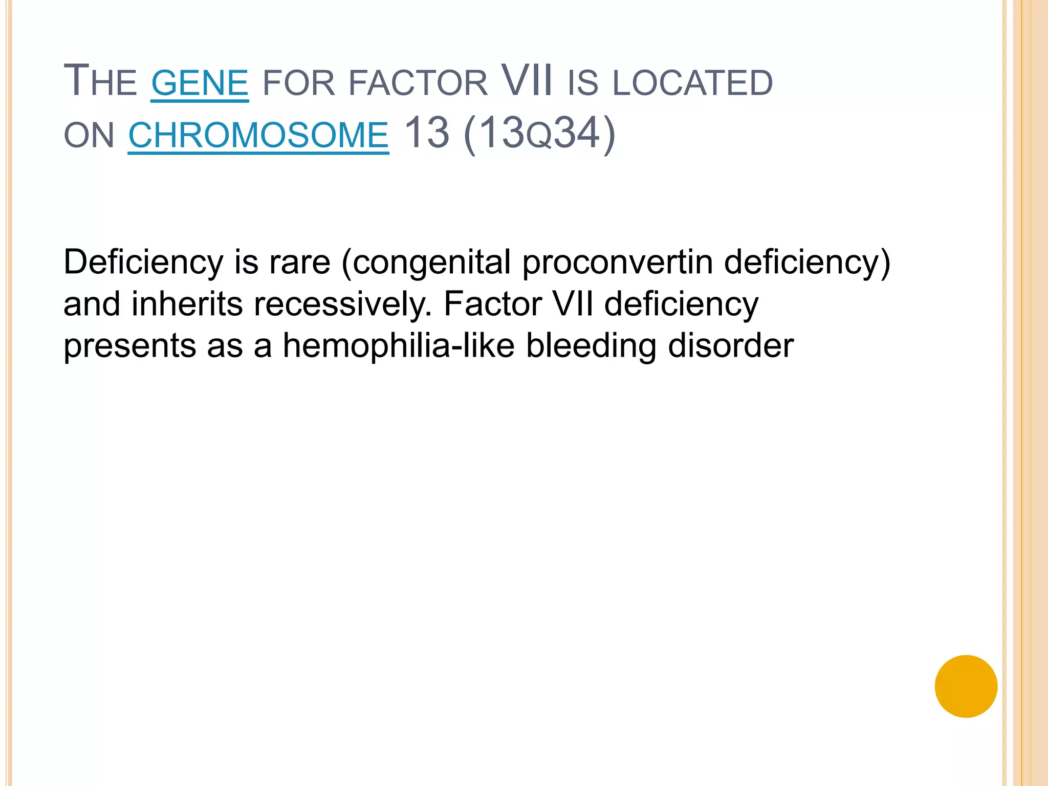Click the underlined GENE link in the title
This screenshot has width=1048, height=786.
(x=200, y=83)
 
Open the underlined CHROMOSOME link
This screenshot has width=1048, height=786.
(x=258, y=136)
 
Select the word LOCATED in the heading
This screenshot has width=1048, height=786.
(x=692, y=83)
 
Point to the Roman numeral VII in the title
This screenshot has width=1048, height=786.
(x=527, y=81)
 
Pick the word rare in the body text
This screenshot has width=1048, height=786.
(x=300, y=262)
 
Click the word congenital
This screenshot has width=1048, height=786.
(x=431, y=263)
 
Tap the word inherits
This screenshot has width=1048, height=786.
(x=187, y=304)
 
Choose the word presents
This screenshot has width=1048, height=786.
(x=130, y=347)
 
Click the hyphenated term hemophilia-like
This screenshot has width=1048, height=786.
(x=399, y=346)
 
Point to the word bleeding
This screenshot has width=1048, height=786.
(x=591, y=347)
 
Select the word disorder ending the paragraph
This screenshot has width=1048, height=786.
(x=731, y=346)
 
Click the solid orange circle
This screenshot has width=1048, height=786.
(x=966, y=686)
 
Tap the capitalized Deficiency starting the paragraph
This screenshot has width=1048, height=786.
(x=143, y=263)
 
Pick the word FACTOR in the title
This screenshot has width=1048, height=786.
(x=418, y=83)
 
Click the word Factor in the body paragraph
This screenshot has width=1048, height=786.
(x=492, y=304)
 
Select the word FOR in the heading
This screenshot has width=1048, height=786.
(x=298, y=83)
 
